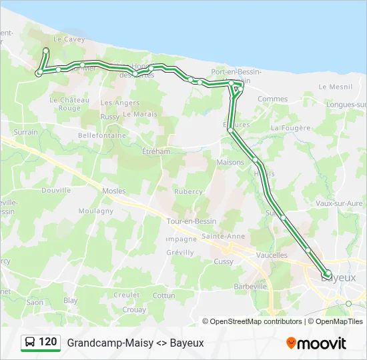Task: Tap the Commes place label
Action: pyautogui.click(x=272, y=99)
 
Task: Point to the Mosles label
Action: pyautogui.click(x=113, y=191)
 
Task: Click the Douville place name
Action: pyautogui.click(x=55, y=190)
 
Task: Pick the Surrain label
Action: pyautogui.click(x=26, y=132)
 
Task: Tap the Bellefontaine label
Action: pyautogui.click(x=101, y=135)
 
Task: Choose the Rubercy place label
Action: pyautogui.click(x=188, y=191)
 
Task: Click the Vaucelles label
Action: pyautogui.click(x=272, y=255)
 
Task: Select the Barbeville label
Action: pyautogui.click(x=250, y=286)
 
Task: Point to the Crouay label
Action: pyautogui.click(x=134, y=310)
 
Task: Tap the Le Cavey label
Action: pyautogui.click(x=67, y=39)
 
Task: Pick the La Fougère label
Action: pyautogui.click(x=291, y=127)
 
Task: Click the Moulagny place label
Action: pyautogui.click(x=96, y=211)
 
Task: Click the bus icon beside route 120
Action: pyautogui.click(x=30, y=342)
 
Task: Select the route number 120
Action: pyautogui.click(x=48, y=342)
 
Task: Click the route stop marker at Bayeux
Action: pyautogui.click(x=327, y=273)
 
